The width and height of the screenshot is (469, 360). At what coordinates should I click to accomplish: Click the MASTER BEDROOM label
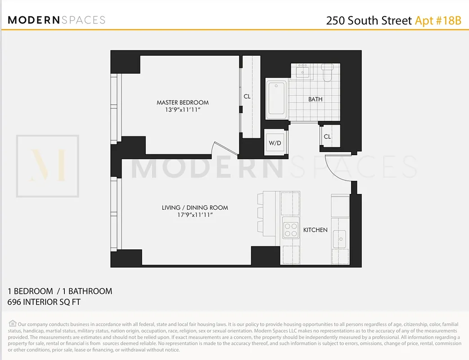(182, 103)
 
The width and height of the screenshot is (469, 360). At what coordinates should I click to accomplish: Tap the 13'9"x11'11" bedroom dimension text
(182, 109)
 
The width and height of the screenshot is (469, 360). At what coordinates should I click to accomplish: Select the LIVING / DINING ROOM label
(195, 208)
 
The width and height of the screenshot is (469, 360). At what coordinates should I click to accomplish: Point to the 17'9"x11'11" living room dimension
(195, 215)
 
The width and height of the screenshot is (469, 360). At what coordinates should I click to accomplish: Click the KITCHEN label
(315, 230)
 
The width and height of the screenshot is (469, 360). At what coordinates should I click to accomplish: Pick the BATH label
(315, 99)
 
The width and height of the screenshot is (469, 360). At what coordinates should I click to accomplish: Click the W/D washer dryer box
(275, 143)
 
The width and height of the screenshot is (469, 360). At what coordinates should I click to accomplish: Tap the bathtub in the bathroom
(276, 99)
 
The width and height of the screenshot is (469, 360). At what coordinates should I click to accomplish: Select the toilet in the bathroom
(327, 72)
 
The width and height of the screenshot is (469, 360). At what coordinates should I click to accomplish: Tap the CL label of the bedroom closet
(247, 96)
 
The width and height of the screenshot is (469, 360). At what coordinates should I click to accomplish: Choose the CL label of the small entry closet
(327, 137)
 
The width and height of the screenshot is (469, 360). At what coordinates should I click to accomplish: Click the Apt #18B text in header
(438, 21)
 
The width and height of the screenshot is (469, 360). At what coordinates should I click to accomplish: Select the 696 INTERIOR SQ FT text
(44, 302)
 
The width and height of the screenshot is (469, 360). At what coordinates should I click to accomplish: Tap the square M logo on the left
(48, 166)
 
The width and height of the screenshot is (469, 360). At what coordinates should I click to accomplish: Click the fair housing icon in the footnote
(12, 324)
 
